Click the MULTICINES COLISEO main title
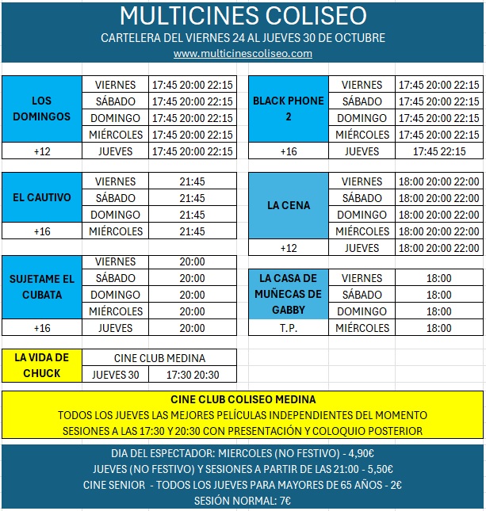coord(243,16)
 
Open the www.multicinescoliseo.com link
coord(243,53)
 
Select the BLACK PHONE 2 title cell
coord(288,109)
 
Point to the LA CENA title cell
coord(288,206)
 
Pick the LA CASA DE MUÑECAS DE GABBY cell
coord(288,294)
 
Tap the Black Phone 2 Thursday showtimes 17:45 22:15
coord(438,151)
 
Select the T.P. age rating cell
coord(288,328)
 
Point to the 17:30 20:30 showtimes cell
coord(192,375)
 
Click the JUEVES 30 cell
coord(115,375)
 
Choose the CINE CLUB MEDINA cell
coord(159,358)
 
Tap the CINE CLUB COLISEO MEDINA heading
coord(243,399)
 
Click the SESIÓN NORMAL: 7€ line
coord(243,501)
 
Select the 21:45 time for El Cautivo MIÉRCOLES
coord(192,231)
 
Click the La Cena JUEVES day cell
coord(362,248)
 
